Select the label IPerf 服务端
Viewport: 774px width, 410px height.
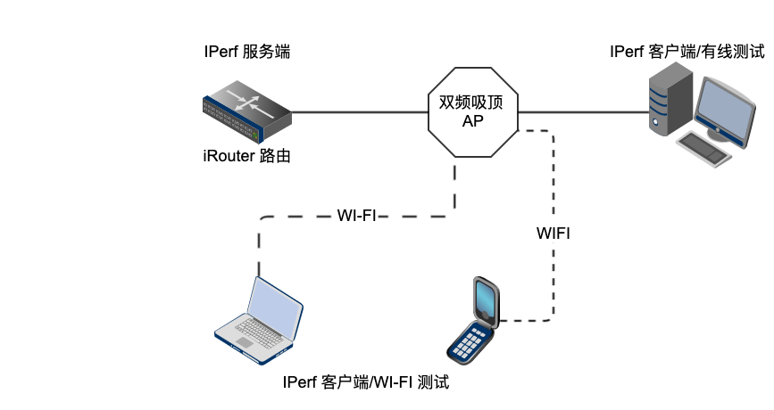[x=246, y=53]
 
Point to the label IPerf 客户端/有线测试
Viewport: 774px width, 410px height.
[x=687, y=52]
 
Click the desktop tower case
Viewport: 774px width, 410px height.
[x=670, y=104]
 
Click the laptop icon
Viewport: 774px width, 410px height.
[x=259, y=321]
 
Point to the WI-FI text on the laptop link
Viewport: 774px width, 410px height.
[x=356, y=216]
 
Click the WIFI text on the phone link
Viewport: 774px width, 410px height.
[x=553, y=234]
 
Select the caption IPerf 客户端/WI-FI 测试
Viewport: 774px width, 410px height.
[x=365, y=384]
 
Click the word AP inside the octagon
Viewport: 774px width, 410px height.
[x=473, y=122]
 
